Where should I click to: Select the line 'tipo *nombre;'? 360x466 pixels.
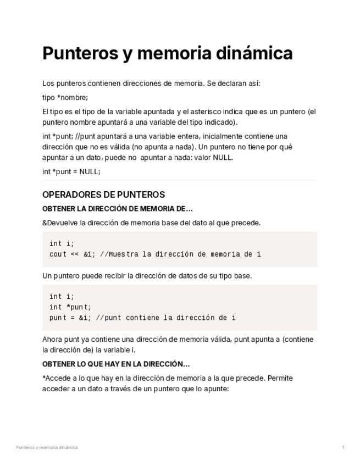click(x=65, y=98)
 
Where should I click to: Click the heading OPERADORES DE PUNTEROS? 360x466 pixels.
click(x=103, y=195)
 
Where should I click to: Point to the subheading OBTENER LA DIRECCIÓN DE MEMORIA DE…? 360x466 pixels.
click(x=118, y=209)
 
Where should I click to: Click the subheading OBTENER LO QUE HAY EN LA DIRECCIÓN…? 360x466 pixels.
click(x=116, y=364)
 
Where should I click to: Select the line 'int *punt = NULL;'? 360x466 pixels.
click(x=71, y=171)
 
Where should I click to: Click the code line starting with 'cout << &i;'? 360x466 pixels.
click(x=155, y=254)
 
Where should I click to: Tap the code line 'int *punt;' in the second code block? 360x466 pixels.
click(x=70, y=307)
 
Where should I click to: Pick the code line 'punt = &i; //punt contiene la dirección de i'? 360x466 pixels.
click(x=142, y=318)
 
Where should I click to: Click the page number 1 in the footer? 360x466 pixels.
click(x=344, y=447)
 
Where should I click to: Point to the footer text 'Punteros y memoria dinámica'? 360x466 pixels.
click(x=47, y=447)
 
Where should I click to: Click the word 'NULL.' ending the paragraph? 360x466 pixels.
click(x=223, y=157)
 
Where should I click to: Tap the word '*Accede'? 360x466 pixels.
click(x=56, y=379)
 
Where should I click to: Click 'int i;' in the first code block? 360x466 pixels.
click(x=62, y=243)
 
